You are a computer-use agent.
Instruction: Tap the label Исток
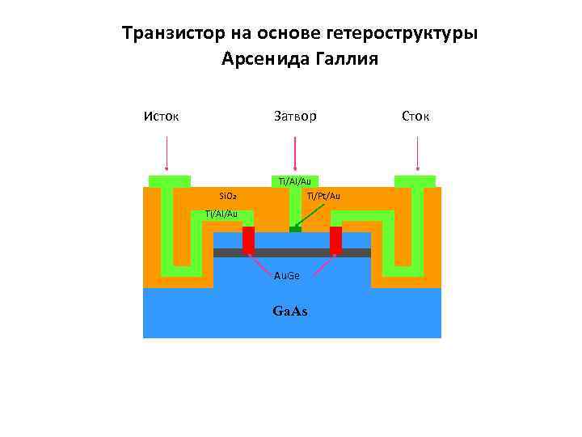point(161,117)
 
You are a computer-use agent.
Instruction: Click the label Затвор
point(294,117)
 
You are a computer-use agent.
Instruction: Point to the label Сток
point(416,117)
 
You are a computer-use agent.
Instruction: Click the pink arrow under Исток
point(167,154)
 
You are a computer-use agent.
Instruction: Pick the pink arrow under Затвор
point(295,154)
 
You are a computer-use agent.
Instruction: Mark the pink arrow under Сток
point(417,154)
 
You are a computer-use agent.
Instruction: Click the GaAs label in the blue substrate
point(290,312)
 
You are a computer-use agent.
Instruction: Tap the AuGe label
point(287,276)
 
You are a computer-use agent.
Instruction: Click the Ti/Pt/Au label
point(323,196)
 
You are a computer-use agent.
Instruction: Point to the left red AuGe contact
point(248,240)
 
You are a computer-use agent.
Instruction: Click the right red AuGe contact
point(335,240)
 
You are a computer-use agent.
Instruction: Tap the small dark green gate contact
point(295,229)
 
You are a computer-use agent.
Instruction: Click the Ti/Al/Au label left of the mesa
point(221,214)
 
